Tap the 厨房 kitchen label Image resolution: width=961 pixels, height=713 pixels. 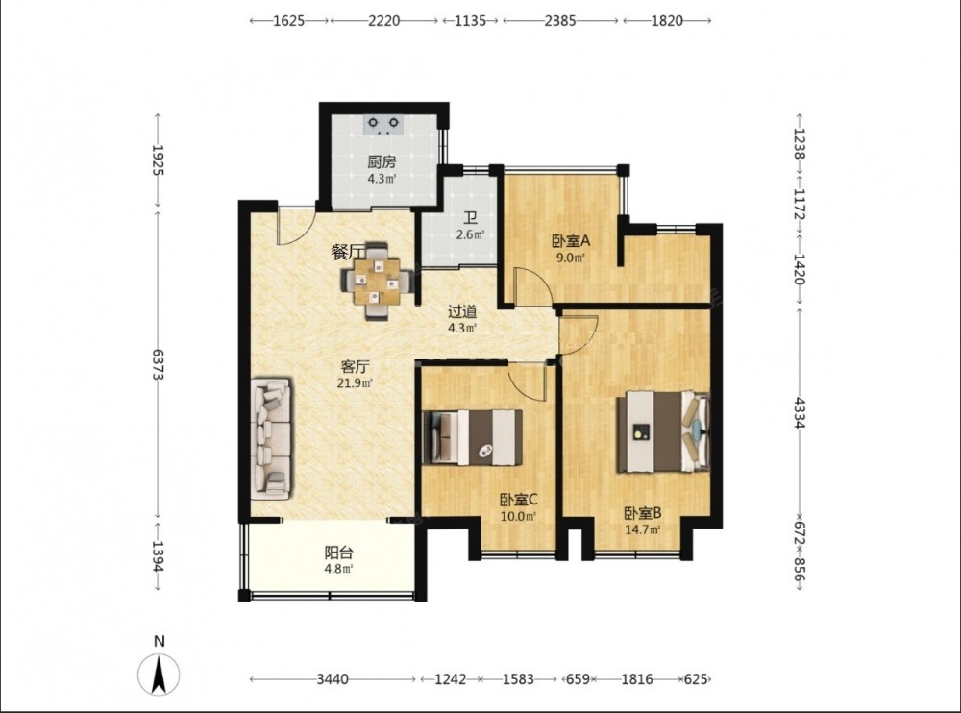click(x=382, y=162)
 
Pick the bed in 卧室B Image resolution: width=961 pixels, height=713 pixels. click(x=664, y=431)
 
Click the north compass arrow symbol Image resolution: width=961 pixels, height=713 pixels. click(x=159, y=675)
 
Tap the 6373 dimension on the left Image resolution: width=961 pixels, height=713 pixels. click(x=159, y=364)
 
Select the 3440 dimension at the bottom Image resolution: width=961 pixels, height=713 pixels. click(x=333, y=679)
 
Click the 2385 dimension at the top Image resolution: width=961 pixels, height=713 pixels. click(x=560, y=21)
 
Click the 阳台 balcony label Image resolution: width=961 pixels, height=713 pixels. click(x=338, y=553)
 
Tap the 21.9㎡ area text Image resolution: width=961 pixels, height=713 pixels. click(x=356, y=383)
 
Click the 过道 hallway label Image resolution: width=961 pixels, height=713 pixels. click(x=462, y=311)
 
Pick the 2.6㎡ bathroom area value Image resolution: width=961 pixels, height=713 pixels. click(x=471, y=234)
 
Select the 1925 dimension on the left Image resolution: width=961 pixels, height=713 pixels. click(x=159, y=160)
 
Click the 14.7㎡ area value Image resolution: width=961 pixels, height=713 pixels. click(x=642, y=529)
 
